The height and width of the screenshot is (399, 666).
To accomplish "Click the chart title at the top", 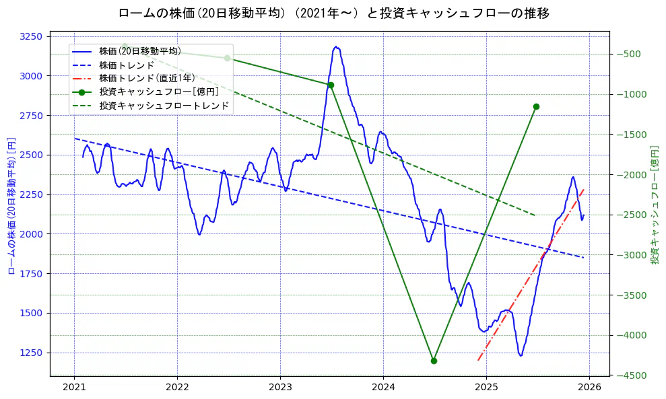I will (x=333, y=13).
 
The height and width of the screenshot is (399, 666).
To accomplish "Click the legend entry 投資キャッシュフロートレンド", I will (x=164, y=106).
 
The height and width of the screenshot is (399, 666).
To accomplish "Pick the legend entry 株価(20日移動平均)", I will (x=139, y=51).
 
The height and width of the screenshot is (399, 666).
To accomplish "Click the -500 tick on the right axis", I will (x=629, y=54).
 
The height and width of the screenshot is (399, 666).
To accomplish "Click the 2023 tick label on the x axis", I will (x=280, y=388).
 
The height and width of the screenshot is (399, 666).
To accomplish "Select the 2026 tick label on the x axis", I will (x=589, y=388).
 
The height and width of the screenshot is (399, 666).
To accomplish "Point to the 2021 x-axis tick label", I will (x=74, y=388).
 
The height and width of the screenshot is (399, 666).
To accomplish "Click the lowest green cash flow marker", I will (x=434, y=361).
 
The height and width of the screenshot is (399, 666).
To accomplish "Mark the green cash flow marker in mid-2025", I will (x=536, y=106).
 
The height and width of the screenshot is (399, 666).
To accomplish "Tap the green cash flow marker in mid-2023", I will (x=331, y=85).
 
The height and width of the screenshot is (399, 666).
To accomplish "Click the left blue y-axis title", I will (x=11, y=205).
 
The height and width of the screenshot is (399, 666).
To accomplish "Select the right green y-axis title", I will (x=655, y=205).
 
